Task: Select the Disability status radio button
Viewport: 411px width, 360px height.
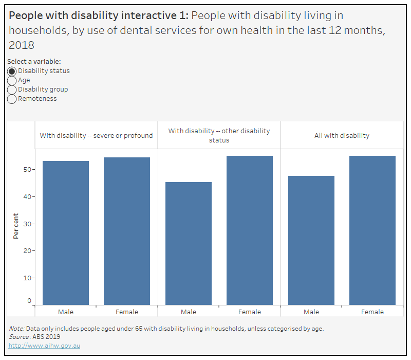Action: [x=12, y=71]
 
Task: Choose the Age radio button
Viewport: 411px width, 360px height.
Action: [x=12, y=80]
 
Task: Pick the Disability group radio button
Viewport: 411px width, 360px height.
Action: [x=12, y=89]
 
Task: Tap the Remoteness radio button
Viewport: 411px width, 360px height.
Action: [x=12, y=99]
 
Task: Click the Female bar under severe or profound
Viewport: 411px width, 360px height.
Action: [x=127, y=231]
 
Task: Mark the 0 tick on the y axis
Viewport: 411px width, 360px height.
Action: [x=29, y=301]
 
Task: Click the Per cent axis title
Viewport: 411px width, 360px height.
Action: [x=16, y=226]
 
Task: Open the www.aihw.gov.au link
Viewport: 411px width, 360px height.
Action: [x=44, y=346]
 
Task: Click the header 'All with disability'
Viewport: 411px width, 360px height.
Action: [x=342, y=136]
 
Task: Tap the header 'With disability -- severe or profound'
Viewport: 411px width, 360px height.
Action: [x=97, y=136]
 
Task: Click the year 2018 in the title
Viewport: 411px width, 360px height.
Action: [x=22, y=45]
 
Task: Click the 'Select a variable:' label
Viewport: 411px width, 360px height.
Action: [x=34, y=61]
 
